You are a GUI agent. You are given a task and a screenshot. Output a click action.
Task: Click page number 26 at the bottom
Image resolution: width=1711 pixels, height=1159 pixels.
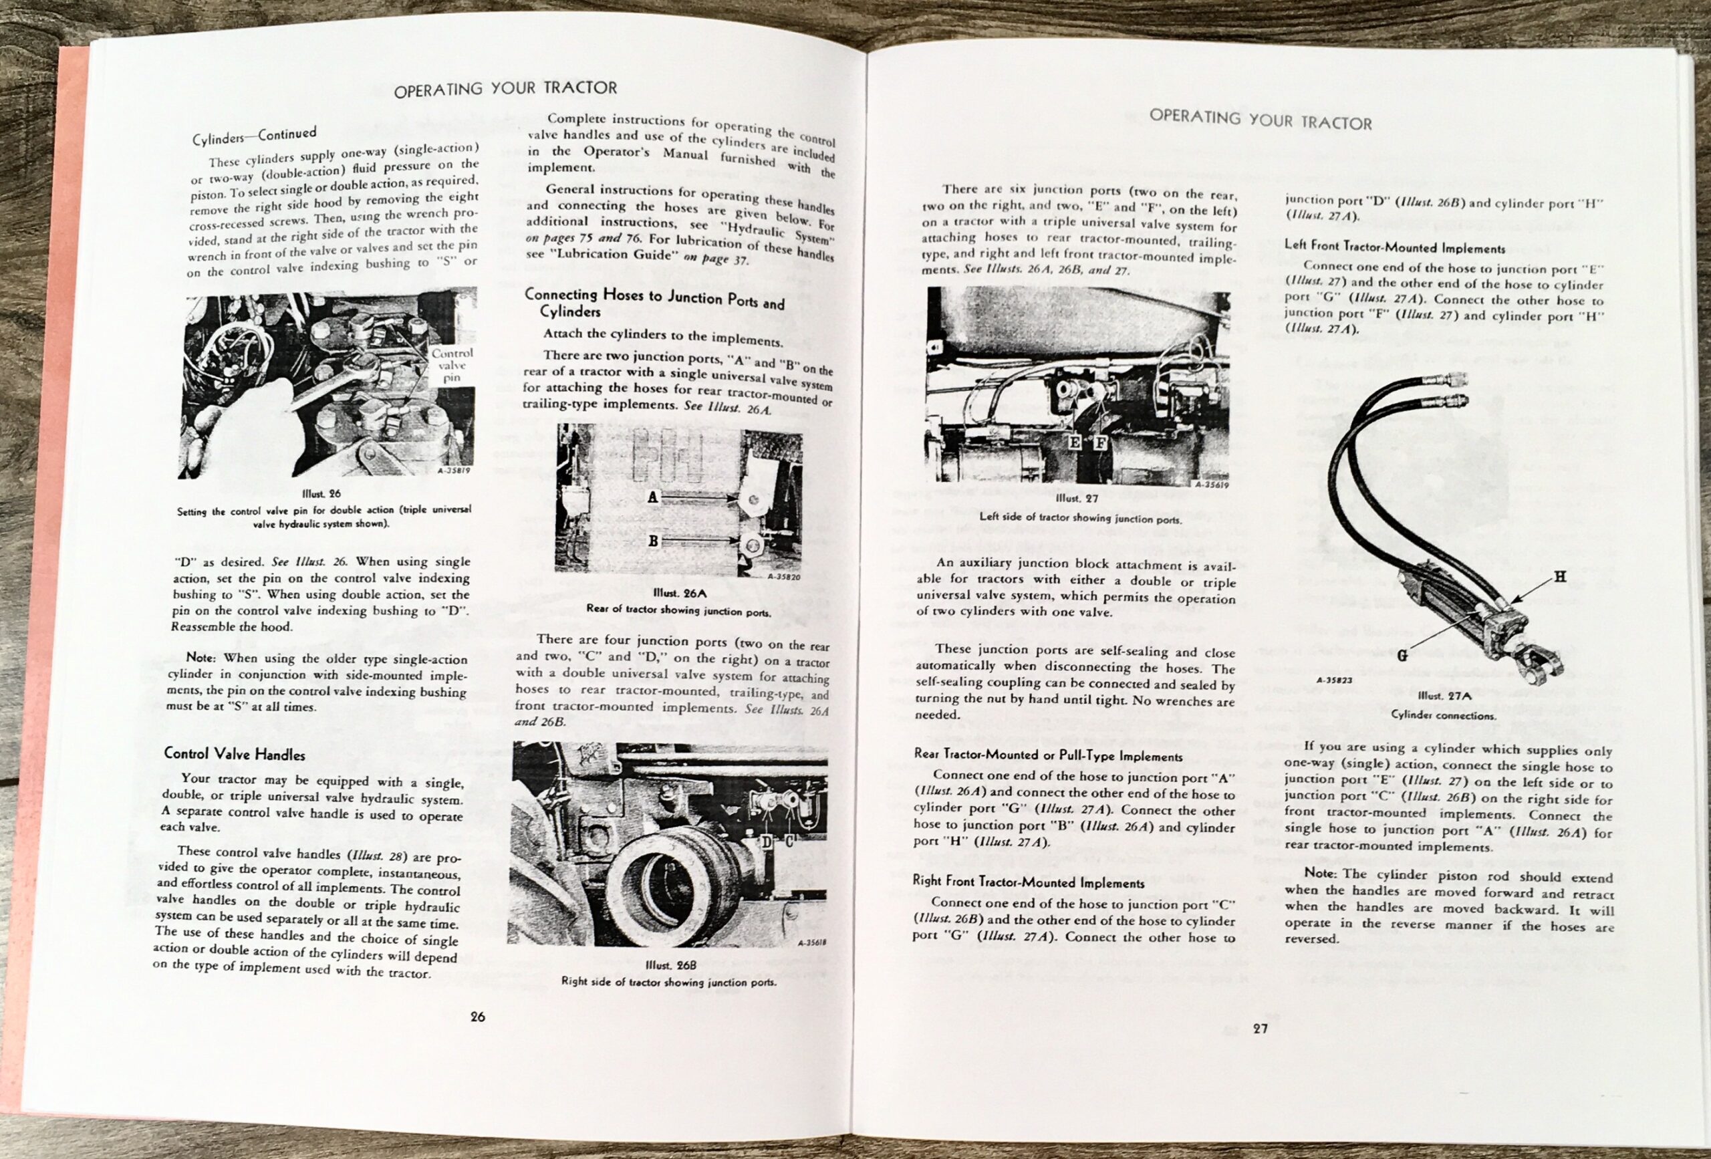coord(477,1017)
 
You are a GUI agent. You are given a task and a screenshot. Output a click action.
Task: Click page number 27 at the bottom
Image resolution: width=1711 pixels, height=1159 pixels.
coord(1260,1029)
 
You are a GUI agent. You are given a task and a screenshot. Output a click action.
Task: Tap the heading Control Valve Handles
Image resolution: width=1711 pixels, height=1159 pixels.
coord(234,754)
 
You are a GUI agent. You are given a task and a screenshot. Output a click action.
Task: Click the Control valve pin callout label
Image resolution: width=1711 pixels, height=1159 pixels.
coord(451,365)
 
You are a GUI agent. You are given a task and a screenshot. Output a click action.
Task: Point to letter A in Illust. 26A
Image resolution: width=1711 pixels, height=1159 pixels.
coord(652,498)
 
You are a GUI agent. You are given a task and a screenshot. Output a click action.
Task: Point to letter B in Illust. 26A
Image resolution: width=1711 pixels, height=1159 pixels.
coord(652,541)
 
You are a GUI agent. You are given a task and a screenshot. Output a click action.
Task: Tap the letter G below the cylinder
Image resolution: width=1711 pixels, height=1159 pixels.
coord(1401,654)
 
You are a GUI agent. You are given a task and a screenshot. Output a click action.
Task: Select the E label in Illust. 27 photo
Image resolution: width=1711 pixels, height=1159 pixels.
coord(1074,442)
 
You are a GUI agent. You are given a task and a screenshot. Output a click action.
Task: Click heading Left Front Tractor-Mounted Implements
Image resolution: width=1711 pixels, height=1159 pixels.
coord(1394,247)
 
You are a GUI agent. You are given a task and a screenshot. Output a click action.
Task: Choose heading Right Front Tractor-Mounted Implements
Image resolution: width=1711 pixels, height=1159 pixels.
coord(1028,882)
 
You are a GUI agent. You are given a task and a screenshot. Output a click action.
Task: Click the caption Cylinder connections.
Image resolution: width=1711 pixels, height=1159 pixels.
coord(1442,715)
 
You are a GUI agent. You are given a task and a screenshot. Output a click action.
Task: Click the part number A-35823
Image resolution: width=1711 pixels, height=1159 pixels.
coord(1333,680)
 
